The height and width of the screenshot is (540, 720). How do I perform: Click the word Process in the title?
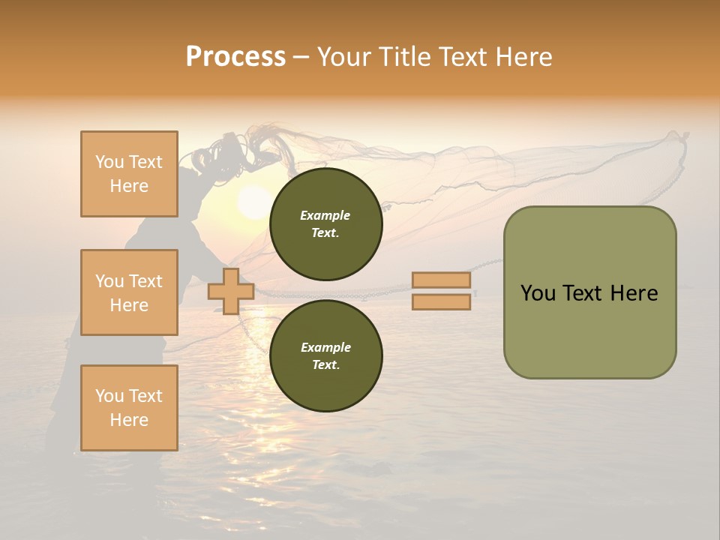click(x=235, y=57)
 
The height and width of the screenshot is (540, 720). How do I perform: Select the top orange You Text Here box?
click(x=129, y=174)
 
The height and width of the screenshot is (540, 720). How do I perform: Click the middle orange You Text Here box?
click(x=129, y=292)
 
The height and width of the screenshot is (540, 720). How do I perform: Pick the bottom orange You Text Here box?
click(x=129, y=407)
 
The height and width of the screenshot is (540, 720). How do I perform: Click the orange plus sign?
click(x=231, y=291)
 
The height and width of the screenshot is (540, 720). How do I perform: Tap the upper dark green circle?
click(x=325, y=224)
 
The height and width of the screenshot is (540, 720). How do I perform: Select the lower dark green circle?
click(x=325, y=356)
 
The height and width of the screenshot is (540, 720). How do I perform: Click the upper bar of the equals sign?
click(x=442, y=280)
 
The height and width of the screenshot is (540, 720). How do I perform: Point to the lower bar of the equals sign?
click(x=442, y=301)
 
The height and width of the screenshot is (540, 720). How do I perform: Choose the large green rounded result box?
click(x=589, y=292)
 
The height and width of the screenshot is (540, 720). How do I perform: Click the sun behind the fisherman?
click(x=253, y=202)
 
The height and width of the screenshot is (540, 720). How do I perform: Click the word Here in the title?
click(x=523, y=57)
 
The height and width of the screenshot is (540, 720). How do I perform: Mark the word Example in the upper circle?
click(x=325, y=215)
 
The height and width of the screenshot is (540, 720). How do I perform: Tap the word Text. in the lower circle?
click(x=325, y=365)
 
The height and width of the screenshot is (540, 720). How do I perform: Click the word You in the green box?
click(x=537, y=293)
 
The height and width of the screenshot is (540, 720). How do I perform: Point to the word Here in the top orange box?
click(x=129, y=186)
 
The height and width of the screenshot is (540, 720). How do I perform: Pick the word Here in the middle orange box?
click(x=129, y=305)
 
